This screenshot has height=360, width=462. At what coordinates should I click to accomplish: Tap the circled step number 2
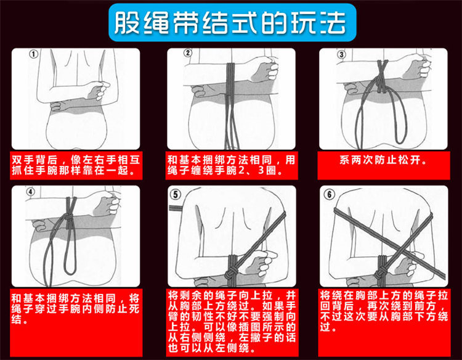pyautogui.click(x=188, y=54)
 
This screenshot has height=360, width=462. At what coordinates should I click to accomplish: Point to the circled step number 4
pyautogui.click(x=31, y=190)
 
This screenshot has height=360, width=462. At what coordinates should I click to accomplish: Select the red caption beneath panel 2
pyautogui.click(x=231, y=164)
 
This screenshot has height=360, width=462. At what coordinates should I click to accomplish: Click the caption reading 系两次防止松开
pyautogui.click(x=383, y=160)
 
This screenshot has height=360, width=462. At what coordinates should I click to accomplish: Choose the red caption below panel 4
pyautogui.click(x=76, y=308)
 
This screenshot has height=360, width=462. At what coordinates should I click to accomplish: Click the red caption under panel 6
pyautogui.click(x=383, y=312)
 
